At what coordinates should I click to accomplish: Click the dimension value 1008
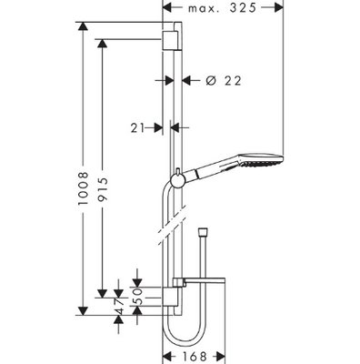coord(83,188)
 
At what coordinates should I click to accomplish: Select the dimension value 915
coord(103,189)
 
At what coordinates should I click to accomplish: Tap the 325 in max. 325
coord(243,8)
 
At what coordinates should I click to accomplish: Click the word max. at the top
coord(203,9)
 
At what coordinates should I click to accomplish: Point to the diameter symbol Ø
coord(211,80)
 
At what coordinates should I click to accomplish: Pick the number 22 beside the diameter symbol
coord(233,81)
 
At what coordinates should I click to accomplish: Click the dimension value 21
coord(137,128)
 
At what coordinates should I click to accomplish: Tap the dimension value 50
coord(137,297)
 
